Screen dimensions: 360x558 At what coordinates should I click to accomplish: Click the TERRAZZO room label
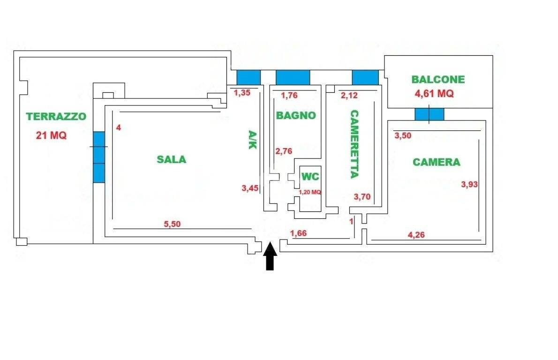pos(56,116)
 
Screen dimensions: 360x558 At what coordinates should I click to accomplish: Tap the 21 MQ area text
pos(51,135)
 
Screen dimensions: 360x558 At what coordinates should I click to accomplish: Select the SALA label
pos(171,159)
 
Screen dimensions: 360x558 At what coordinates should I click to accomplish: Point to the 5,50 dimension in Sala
pos(172,224)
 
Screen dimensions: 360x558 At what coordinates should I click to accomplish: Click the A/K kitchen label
pos(252,139)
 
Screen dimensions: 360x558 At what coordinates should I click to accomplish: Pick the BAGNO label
pos(295,115)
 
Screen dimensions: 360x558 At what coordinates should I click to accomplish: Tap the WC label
pos(310,177)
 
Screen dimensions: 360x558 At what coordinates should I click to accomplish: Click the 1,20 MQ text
pos(310,192)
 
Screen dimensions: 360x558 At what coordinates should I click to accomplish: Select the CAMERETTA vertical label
pos(354,144)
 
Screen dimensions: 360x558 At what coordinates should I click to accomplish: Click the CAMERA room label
pos(436,162)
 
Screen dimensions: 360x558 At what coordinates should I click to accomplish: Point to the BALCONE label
pos(438,79)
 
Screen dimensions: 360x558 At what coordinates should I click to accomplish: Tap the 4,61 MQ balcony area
pos(434,93)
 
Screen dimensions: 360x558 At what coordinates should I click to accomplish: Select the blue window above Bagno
pos(293,77)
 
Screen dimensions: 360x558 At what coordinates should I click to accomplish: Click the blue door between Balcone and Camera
pos(429,114)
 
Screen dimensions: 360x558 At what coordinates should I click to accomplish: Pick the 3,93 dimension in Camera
pos(469,184)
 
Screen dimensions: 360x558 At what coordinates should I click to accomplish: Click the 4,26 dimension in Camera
pos(416,235)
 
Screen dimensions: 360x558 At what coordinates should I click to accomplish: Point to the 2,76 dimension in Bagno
pos(284,151)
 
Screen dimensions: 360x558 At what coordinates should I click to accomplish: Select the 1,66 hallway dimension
pos(298,233)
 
